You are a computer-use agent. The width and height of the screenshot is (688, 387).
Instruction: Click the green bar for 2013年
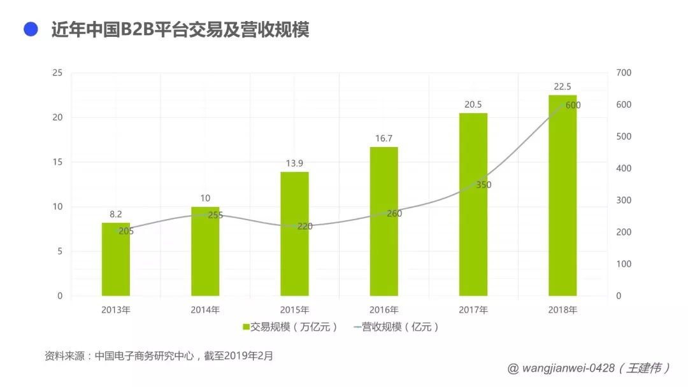coord(116,259)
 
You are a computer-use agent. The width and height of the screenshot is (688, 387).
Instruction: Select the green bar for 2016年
coord(384,222)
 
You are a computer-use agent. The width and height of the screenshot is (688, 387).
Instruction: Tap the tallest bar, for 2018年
coord(563,195)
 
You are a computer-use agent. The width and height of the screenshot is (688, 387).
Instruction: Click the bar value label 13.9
coord(294,164)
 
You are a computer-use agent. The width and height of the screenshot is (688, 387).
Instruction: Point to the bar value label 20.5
coord(473,105)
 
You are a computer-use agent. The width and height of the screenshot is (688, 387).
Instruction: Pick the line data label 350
coord(484,185)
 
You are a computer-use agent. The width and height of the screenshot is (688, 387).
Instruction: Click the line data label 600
coord(573,105)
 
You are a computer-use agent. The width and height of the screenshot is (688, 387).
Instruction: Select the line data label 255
coord(215,215)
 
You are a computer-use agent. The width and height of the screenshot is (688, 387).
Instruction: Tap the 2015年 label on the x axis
coord(294,310)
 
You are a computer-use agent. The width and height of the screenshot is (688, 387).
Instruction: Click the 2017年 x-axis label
coord(473,310)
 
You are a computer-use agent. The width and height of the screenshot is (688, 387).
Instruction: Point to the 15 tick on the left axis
coord(57,162)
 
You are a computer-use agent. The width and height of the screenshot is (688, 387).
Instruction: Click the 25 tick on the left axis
coord(57,73)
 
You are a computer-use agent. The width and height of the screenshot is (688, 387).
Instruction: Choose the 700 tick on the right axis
coord(624,73)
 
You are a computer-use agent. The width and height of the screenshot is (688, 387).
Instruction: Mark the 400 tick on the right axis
coord(624,168)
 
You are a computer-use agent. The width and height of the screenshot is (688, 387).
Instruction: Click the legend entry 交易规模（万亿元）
coord(290,327)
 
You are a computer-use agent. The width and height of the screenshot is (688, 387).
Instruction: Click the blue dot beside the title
coord(31,29)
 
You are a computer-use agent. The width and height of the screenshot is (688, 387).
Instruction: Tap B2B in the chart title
coord(136,30)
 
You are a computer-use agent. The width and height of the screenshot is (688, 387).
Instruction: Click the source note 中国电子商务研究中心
coord(145,356)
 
